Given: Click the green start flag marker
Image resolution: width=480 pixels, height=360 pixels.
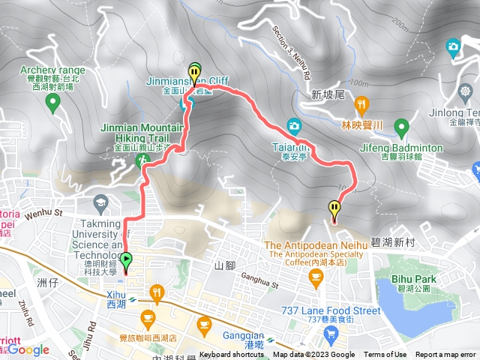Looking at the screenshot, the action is (x=126, y=262).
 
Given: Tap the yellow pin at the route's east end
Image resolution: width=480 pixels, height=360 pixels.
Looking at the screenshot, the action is (x=334, y=210).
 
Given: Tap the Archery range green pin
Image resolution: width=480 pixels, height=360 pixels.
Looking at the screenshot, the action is (x=52, y=101).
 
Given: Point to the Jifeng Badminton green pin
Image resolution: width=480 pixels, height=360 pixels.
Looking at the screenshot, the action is (x=401, y=125).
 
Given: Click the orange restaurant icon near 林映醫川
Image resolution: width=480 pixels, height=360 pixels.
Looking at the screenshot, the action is (x=362, y=104).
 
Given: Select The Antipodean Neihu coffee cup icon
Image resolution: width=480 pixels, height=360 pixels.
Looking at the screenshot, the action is (x=316, y=277).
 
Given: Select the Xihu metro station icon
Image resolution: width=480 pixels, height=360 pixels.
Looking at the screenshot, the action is (x=133, y=297).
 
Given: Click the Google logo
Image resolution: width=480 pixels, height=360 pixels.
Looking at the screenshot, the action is (x=28, y=349).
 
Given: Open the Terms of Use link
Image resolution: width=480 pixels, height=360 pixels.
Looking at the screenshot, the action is (x=385, y=355).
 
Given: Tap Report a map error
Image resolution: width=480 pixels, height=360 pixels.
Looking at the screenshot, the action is (x=445, y=355).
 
